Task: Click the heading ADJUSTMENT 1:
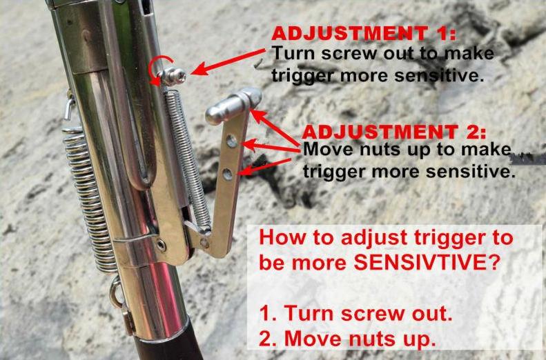click(x=364, y=34)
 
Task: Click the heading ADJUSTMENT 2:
click(x=394, y=132)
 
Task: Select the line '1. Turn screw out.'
click(x=356, y=313)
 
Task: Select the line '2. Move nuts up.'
click(x=348, y=338)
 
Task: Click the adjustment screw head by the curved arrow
click(x=173, y=75)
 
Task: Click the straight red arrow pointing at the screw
click(x=228, y=62)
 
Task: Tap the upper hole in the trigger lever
click(x=231, y=141)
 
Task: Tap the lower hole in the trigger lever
click(x=228, y=174)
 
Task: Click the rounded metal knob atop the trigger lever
click(x=233, y=106)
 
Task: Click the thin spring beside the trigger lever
click(x=187, y=158)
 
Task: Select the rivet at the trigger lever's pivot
click(x=205, y=243)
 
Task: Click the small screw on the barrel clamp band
click(x=161, y=246)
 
